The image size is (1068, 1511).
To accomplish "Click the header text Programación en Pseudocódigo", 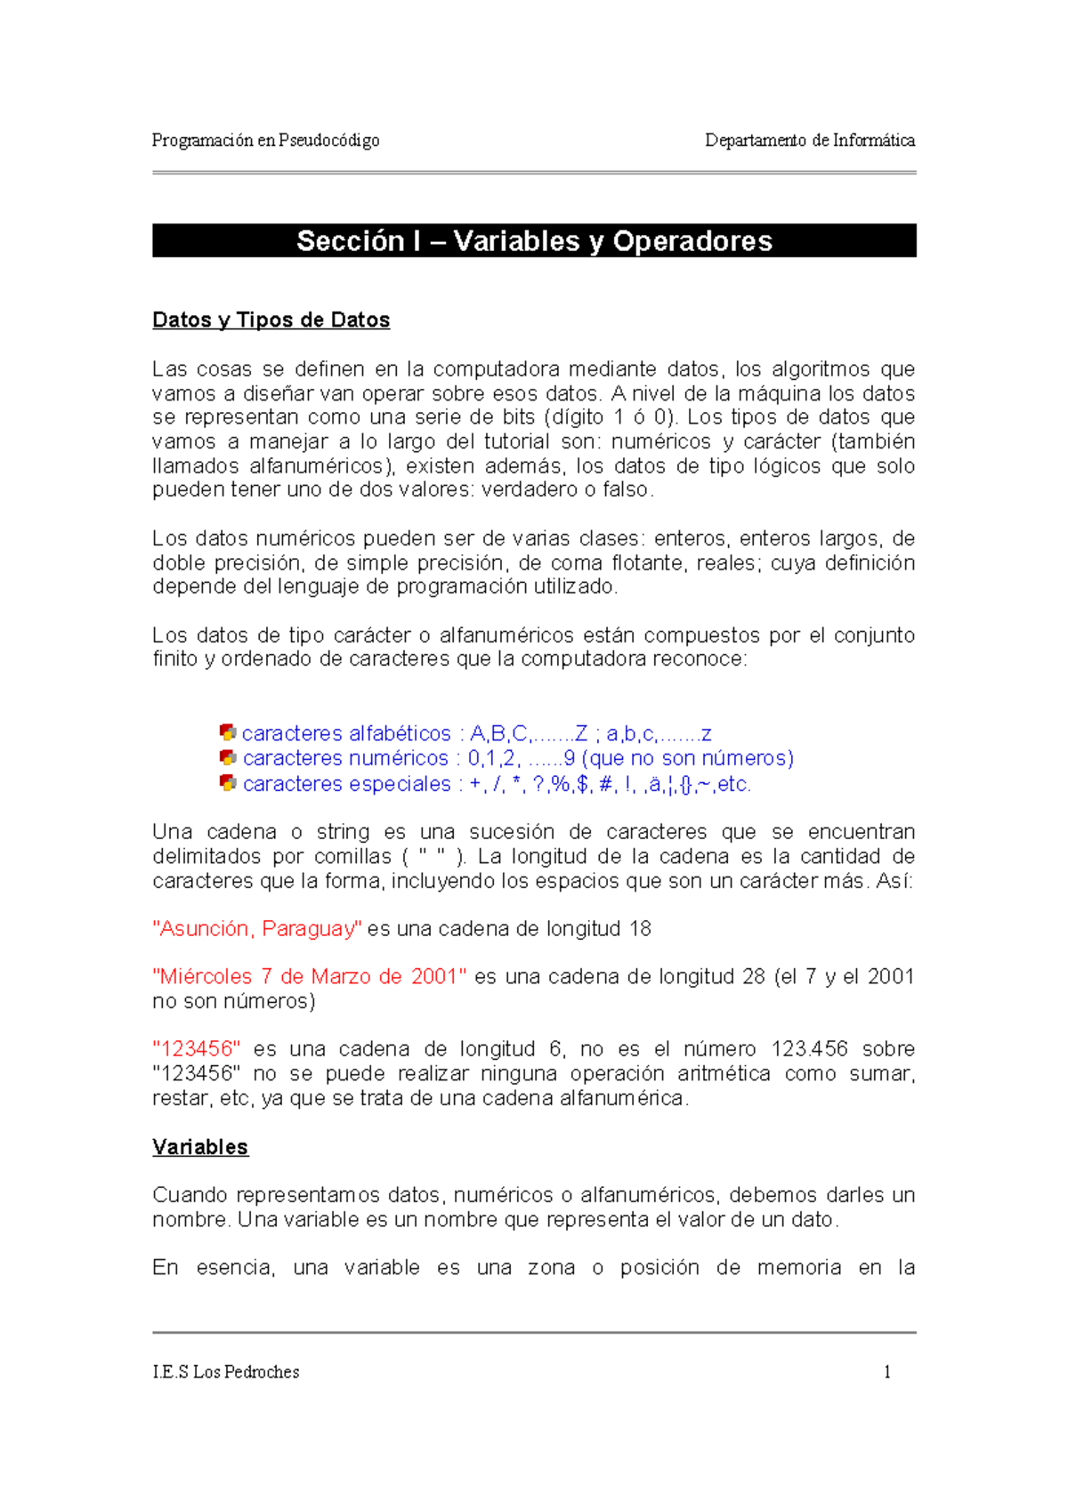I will click(x=265, y=141).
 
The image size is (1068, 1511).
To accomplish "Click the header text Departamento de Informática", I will click(x=809, y=141).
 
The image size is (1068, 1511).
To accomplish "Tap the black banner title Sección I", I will click(x=534, y=241).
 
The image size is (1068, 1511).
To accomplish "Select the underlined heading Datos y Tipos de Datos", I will click(x=271, y=320).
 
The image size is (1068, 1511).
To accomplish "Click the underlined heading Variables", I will click(x=200, y=1147).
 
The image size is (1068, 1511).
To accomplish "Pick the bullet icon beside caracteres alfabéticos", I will click(x=228, y=732).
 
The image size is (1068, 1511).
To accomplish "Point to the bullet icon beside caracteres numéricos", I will click(x=228, y=757).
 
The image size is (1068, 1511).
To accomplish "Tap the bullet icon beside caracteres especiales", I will click(x=228, y=783).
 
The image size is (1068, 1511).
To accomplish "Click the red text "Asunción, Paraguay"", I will click(x=257, y=929).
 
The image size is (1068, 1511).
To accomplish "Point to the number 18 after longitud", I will click(x=640, y=929).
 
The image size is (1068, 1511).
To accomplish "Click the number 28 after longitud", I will click(x=753, y=977).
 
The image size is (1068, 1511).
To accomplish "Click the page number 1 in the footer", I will click(x=886, y=1372).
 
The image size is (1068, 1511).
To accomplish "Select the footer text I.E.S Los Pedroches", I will click(x=225, y=1372).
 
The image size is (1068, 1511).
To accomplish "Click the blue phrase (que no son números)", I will click(x=687, y=758).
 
